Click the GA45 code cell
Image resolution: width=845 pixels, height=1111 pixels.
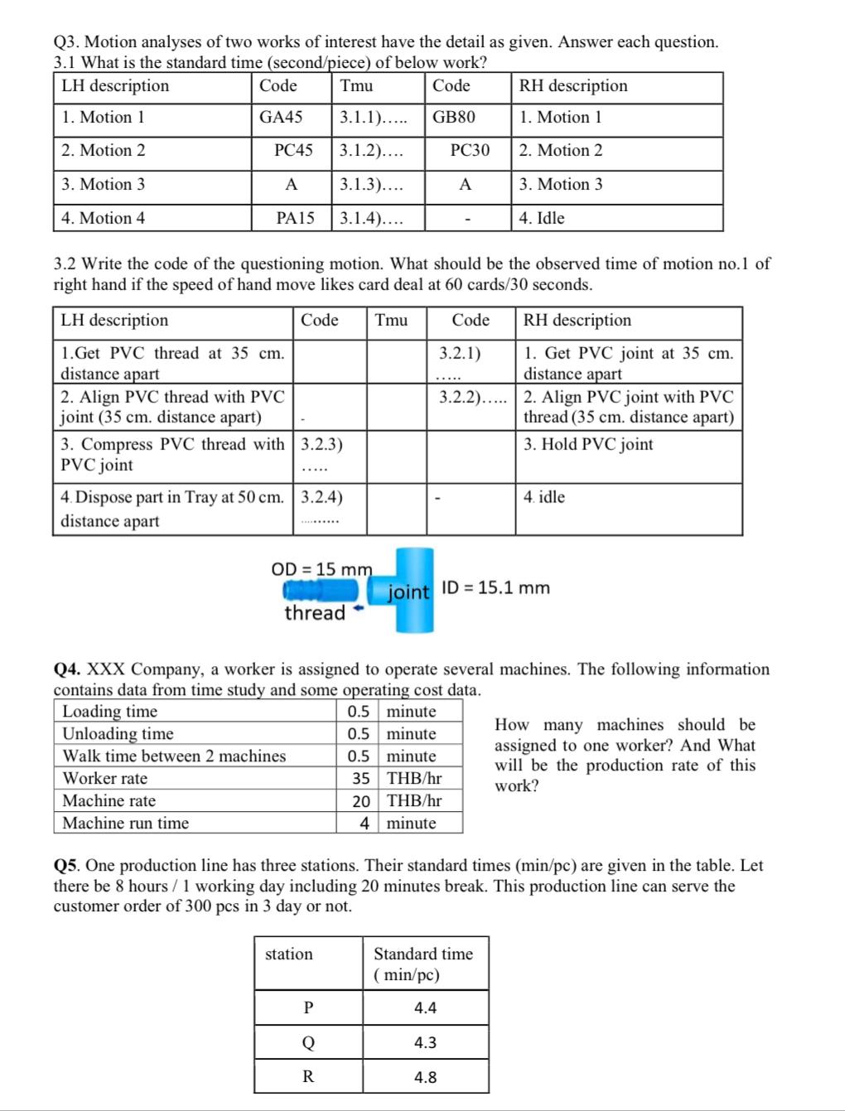[281, 118]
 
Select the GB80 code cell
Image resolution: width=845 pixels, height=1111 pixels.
[454, 118]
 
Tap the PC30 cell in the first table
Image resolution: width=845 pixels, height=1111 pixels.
[470, 151]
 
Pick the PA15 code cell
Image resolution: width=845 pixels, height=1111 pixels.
[295, 219]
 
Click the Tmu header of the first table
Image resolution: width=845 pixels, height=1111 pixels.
[356, 86]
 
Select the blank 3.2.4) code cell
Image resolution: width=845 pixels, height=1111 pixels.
[321, 508]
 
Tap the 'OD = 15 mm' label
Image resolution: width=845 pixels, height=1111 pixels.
[321, 569]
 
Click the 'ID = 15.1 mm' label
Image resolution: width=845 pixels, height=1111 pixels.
[495, 588]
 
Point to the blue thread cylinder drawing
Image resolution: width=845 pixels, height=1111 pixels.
[320, 590]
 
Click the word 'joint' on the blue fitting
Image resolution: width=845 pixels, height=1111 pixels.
[409, 592]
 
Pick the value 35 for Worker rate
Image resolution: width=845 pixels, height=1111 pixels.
[360, 779]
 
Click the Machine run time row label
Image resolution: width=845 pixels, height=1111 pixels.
[126, 824]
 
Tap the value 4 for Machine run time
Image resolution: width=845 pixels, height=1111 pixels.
[364, 824]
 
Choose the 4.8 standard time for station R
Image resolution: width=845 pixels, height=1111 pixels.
[425, 1078]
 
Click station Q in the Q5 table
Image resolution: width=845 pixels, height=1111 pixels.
[308, 1043]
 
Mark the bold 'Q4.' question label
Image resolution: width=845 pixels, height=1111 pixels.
[68, 669]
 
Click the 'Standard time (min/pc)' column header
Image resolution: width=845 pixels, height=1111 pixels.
[422, 964]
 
